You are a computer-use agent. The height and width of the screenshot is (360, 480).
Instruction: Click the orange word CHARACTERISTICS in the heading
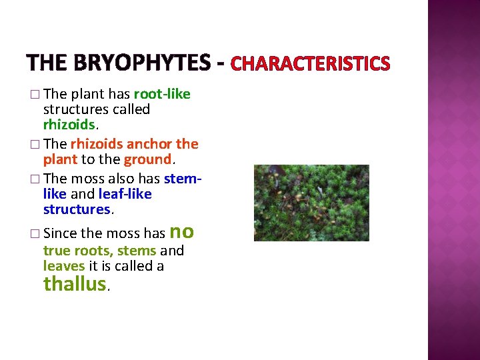coord(310,64)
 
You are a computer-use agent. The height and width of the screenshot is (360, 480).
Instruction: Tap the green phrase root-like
coord(162,94)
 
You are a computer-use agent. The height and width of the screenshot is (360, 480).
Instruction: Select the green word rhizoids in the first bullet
coord(70,125)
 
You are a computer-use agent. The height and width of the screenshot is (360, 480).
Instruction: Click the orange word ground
coord(147,159)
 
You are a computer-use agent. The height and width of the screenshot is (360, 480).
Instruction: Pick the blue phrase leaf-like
coord(125,194)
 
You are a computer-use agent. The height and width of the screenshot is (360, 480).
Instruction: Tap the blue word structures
coord(77,209)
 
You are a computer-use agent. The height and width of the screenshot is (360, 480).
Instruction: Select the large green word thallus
coord(74,284)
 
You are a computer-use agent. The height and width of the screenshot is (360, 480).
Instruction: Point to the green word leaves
coord(64,266)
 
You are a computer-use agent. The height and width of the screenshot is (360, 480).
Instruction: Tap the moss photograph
coord(311,203)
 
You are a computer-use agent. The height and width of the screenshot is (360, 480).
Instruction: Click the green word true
coord(57,251)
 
